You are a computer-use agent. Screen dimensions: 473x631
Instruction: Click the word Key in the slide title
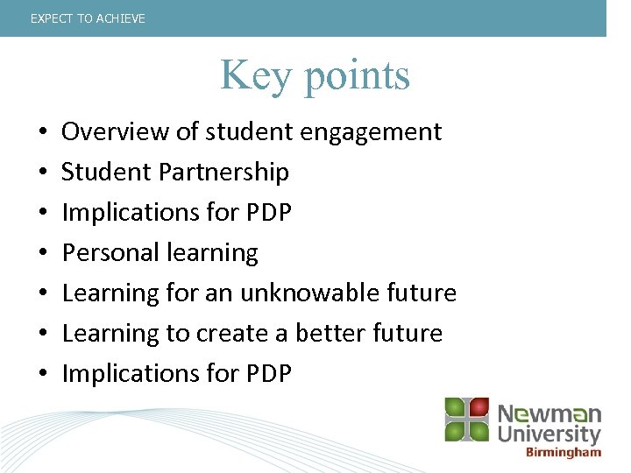point(255,74)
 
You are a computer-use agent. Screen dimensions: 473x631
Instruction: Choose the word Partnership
point(223,173)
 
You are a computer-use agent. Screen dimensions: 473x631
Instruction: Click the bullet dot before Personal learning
point(43,254)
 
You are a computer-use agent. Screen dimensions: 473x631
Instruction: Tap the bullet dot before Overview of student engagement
point(43,133)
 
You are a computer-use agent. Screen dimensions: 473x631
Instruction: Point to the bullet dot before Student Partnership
point(43,173)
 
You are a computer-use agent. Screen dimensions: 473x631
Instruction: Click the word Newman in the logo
point(549,413)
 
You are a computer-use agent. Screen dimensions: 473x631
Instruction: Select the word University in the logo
point(549,434)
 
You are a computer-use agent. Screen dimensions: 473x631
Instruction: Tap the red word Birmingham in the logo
point(564,453)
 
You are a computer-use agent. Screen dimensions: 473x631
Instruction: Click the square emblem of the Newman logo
point(466,419)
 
